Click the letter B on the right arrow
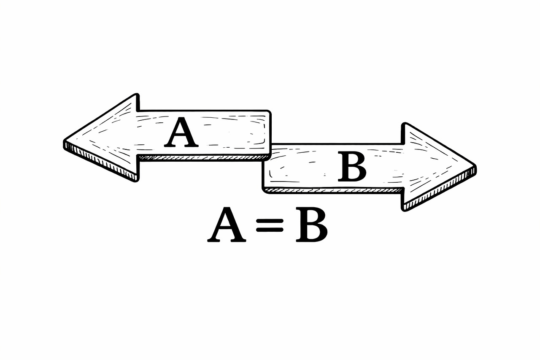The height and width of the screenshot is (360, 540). coord(352,168)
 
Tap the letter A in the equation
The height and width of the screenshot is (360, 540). coord(227,225)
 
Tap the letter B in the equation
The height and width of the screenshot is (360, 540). coord(311,225)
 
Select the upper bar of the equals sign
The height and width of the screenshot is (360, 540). coord(269,221)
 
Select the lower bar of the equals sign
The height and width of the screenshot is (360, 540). coord(269,230)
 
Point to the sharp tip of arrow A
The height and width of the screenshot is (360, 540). coord(65,142)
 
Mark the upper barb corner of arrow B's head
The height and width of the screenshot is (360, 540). coord(404,124)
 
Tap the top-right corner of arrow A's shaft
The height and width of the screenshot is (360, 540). coord(269,112)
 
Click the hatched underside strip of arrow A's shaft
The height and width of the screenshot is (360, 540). coord(202,157)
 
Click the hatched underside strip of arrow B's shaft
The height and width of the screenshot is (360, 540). coord(333,190)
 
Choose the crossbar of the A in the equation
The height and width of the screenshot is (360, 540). coord(227,230)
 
